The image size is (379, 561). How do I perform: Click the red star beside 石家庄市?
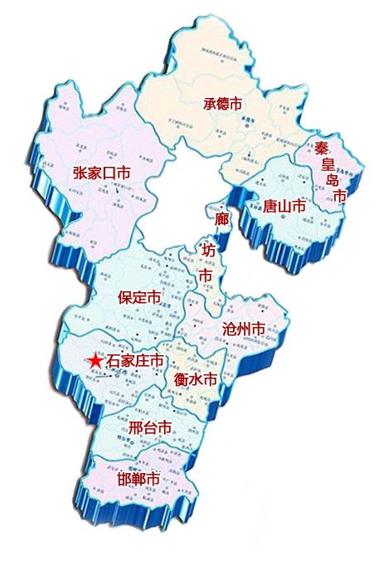coord(95,362)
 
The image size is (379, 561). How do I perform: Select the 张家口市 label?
coord(102,173)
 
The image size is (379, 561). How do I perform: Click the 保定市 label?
coord(138,296)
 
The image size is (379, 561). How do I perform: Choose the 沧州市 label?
coord(244,329)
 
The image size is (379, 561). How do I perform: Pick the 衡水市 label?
coord(195,379)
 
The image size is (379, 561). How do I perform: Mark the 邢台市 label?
coord(150,428)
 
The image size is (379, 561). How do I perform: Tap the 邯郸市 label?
coord(138,479)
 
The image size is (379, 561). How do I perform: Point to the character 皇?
coord(330,163)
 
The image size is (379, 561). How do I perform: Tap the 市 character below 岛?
coord(339,196)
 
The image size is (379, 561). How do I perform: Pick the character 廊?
coord(221,220)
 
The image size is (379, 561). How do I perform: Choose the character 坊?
coord(208,248)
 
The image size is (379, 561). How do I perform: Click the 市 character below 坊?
coord(204,275)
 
